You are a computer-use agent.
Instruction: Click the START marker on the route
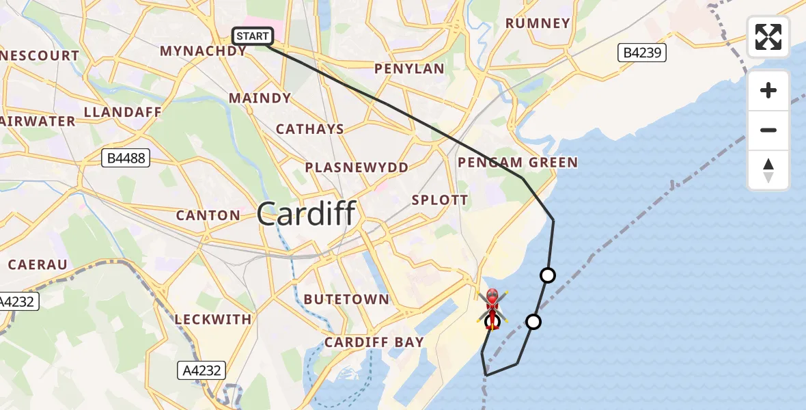[253, 36]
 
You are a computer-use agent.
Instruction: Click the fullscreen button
[768, 37]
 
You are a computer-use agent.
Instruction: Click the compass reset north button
[768, 170]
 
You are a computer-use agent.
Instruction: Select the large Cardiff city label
[307, 215]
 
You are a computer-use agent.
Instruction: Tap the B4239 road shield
[643, 53]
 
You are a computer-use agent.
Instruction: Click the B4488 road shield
[126, 159]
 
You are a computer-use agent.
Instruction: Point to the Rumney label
[538, 23]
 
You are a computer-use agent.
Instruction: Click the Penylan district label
[410, 69]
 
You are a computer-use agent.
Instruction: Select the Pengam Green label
[518, 163]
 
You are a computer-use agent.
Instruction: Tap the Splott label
[440, 200]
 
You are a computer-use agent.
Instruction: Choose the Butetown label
[346, 299]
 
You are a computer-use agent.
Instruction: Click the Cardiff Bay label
[374, 342]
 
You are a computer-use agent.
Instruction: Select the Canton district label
[208, 215]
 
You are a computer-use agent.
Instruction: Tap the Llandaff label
[122, 112]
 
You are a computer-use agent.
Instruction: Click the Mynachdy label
[203, 51]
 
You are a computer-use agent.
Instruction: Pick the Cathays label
[310, 129]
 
